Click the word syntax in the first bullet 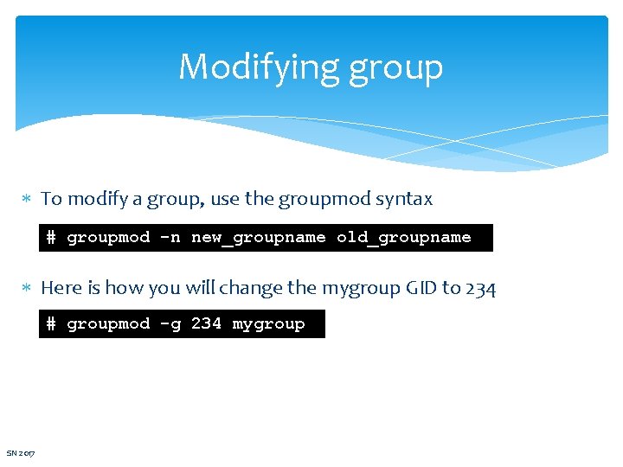[x=404, y=200]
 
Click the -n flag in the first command [x=170, y=237]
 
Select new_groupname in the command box [x=258, y=237]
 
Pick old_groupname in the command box [x=403, y=237]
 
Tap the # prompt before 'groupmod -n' [x=50, y=237]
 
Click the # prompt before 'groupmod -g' [x=50, y=323]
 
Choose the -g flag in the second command [x=170, y=323]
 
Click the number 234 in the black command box [x=206, y=323]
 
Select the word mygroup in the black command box [x=268, y=323]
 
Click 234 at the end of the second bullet [x=480, y=288]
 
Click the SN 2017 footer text [x=21, y=453]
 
